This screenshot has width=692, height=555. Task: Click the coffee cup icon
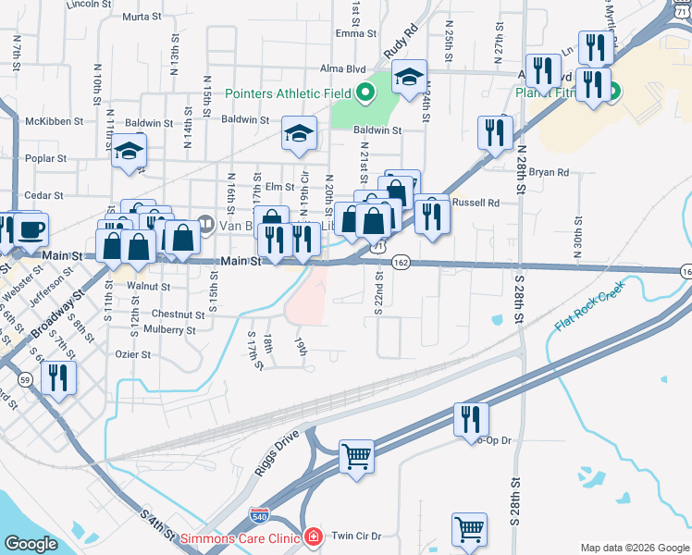click(31, 228)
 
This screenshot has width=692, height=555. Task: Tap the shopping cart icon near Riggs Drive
click(356, 455)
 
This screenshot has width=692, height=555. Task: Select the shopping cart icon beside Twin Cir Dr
click(469, 529)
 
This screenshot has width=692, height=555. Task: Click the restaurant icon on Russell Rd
click(432, 216)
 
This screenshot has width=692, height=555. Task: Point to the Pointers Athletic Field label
click(290, 93)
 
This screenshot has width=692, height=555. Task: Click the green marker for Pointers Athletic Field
click(365, 92)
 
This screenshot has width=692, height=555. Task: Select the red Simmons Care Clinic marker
click(313, 536)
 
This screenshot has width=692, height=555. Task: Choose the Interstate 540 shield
click(260, 515)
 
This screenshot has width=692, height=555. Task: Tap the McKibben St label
click(55, 121)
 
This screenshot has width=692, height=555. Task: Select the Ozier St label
click(132, 353)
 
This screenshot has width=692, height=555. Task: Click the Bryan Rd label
click(549, 172)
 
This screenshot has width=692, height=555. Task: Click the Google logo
click(31, 545)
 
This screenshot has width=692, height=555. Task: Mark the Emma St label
click(351, 33)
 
